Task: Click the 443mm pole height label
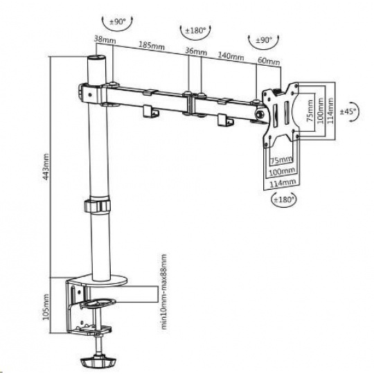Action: [46, 167]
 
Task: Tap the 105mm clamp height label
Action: [46, 307]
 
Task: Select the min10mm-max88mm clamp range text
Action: [164, 292]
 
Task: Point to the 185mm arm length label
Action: [152, 45]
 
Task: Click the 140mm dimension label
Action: [231, 56]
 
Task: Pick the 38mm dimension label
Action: [105, 39]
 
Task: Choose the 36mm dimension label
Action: [196, 51]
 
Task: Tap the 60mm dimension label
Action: [269, 62]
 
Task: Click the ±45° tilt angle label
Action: [348, 111]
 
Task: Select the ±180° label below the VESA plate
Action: [283, 199]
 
